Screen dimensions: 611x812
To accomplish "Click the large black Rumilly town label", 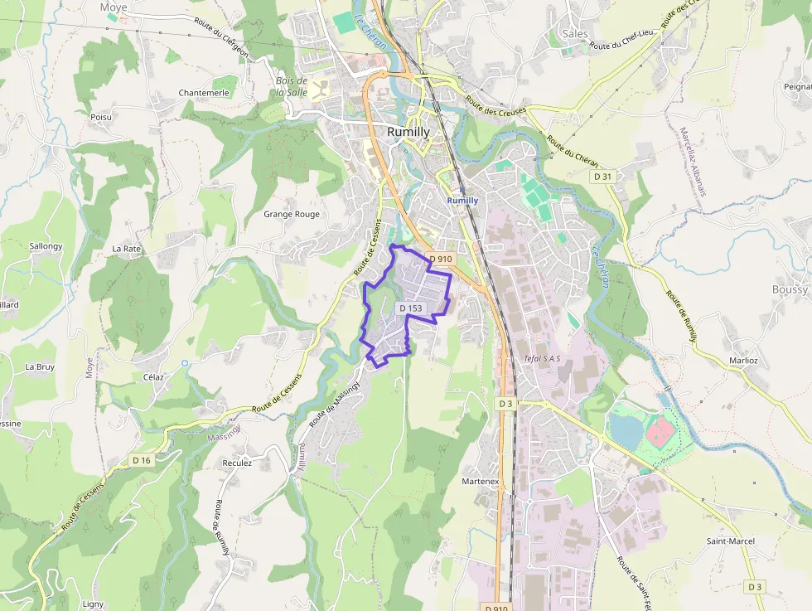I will [408, 132].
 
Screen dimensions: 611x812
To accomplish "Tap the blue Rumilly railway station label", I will [462, 200].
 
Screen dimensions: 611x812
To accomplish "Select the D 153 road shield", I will [411, 308].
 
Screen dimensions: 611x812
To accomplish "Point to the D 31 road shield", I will [602, 177].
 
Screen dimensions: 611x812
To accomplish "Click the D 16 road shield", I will [142, 460].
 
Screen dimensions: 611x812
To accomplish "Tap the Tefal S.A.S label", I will [543, 359].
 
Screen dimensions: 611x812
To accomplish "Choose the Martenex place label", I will [480, 481].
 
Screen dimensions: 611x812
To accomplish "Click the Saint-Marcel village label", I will [730, 541].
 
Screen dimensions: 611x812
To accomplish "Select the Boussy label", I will [789, 289].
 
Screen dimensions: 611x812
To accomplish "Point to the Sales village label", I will [574, 34].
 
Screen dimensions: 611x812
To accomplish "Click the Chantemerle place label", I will [204, 93].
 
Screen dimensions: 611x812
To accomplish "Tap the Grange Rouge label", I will [291, 214].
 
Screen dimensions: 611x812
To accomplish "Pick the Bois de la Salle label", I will [292, 86].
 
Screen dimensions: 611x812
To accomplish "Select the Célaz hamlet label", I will [153, 376].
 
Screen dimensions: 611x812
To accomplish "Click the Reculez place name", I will [237, 463].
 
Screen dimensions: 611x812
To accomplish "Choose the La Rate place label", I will [127, 248].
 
